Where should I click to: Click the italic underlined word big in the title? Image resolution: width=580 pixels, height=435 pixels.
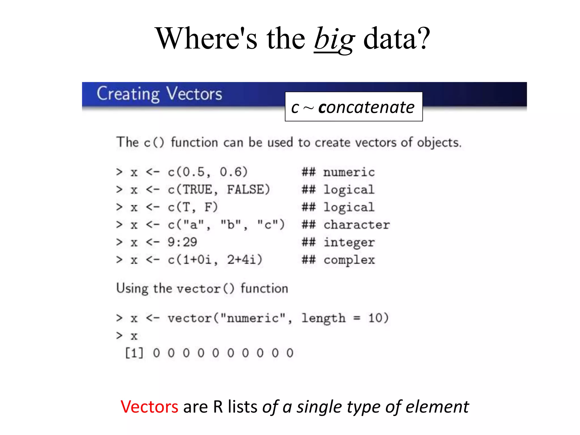[x=334, y=40]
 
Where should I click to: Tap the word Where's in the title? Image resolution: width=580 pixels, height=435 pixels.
[x=207, y=39]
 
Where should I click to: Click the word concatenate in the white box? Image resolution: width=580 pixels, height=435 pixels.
[x=366, y=107]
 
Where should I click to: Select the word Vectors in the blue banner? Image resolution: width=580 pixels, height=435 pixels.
[x=194, y=94]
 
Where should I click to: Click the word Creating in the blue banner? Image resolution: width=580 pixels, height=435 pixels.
[x=128, y=94]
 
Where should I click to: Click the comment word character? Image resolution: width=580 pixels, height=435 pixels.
[x=357, y=225]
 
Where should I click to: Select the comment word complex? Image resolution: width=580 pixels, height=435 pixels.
[x=349, y=260]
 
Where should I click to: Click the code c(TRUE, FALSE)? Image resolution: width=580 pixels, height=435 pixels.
[x=219, y=190]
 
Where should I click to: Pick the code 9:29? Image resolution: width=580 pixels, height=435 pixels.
[x=182, y=242]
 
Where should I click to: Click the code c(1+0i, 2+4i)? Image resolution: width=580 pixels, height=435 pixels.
[x=215, y=260]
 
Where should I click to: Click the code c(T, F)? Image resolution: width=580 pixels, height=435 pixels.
[x=193, y=207]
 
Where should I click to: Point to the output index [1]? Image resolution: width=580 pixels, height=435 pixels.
[x=135, y=353]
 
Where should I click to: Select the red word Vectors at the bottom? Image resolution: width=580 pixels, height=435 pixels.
[x=149, y=407]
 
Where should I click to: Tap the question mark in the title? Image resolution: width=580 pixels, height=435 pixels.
[x=423, y=39]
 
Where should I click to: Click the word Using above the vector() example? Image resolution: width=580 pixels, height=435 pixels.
[x=132, y=289]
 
